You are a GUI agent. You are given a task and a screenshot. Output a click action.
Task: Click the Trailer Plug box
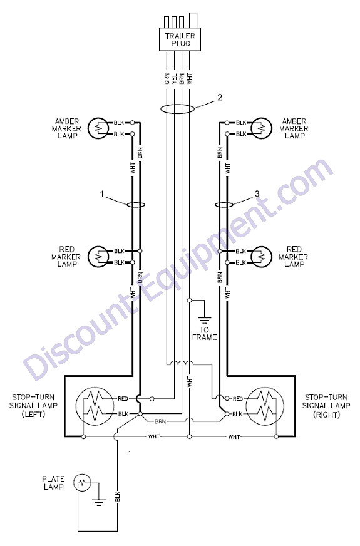point(180,39)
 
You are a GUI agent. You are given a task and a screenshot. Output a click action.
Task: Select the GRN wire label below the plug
point(167,78)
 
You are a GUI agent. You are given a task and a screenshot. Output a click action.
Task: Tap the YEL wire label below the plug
point(175,78)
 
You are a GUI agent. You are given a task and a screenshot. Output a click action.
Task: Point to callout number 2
point(220,97)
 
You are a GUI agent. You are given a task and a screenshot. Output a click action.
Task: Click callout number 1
point(102,194)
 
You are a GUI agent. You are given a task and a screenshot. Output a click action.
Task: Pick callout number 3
point(257,194)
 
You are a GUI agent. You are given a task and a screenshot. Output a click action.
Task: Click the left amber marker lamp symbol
point(98,128)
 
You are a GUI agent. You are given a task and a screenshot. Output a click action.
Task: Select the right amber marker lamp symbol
point(261,128)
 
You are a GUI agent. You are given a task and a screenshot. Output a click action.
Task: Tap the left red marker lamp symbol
point(98,257)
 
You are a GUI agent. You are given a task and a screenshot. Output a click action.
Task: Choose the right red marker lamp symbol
point(261,257)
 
